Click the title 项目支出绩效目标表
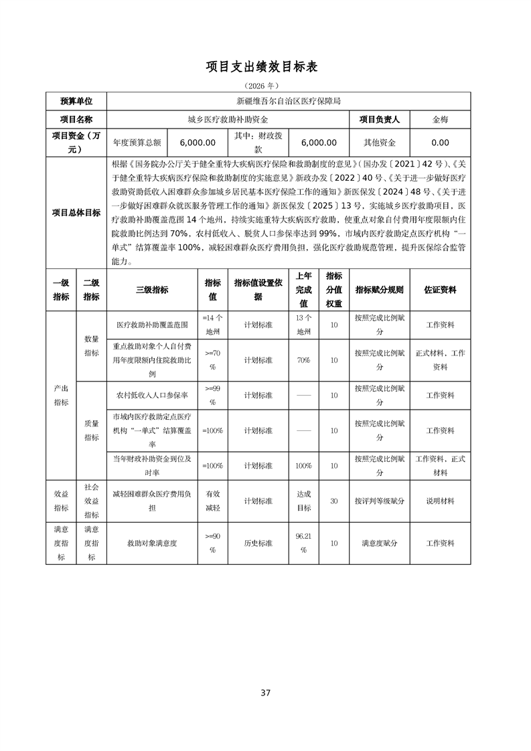click(x=265, y=68)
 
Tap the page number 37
click(x=265, y=693)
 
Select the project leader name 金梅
click(x=440, y=120)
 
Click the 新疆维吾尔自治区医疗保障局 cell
click(x=289, y=102)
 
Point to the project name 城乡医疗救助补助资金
click(x=228, y=120)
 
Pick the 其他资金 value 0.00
click(x=440, y=143)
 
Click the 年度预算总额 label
click(x=137, y=143)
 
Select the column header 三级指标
click(x=152, y=290)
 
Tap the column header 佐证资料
click(x=440, y=290)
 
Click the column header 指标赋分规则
click(x=379, y=290)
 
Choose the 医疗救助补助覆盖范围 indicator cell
click(x=152, y=325)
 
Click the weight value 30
click(x=333, y=501)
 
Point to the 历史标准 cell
click(x=258, y=544)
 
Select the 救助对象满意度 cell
click(x=152, y=544)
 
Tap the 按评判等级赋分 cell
click(x=379, y=501)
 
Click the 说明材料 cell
click(x=440, y=501)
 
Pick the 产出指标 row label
click(x=61, y=395)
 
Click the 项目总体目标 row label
click(x=76, y=213)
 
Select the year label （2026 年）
click(x=265, y=86)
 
